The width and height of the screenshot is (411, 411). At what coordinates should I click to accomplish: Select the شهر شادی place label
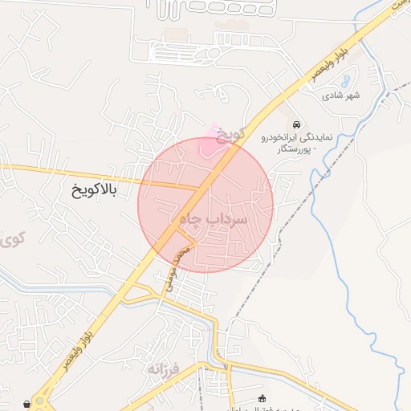pos(342,96)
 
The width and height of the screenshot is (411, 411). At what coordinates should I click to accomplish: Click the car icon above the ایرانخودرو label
pos(297,124)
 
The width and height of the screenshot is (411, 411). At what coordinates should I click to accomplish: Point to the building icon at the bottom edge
pos(261,398)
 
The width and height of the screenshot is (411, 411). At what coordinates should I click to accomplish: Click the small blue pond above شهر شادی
pos(344,81)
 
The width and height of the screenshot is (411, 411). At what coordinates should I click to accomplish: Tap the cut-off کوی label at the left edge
pos(11,238)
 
